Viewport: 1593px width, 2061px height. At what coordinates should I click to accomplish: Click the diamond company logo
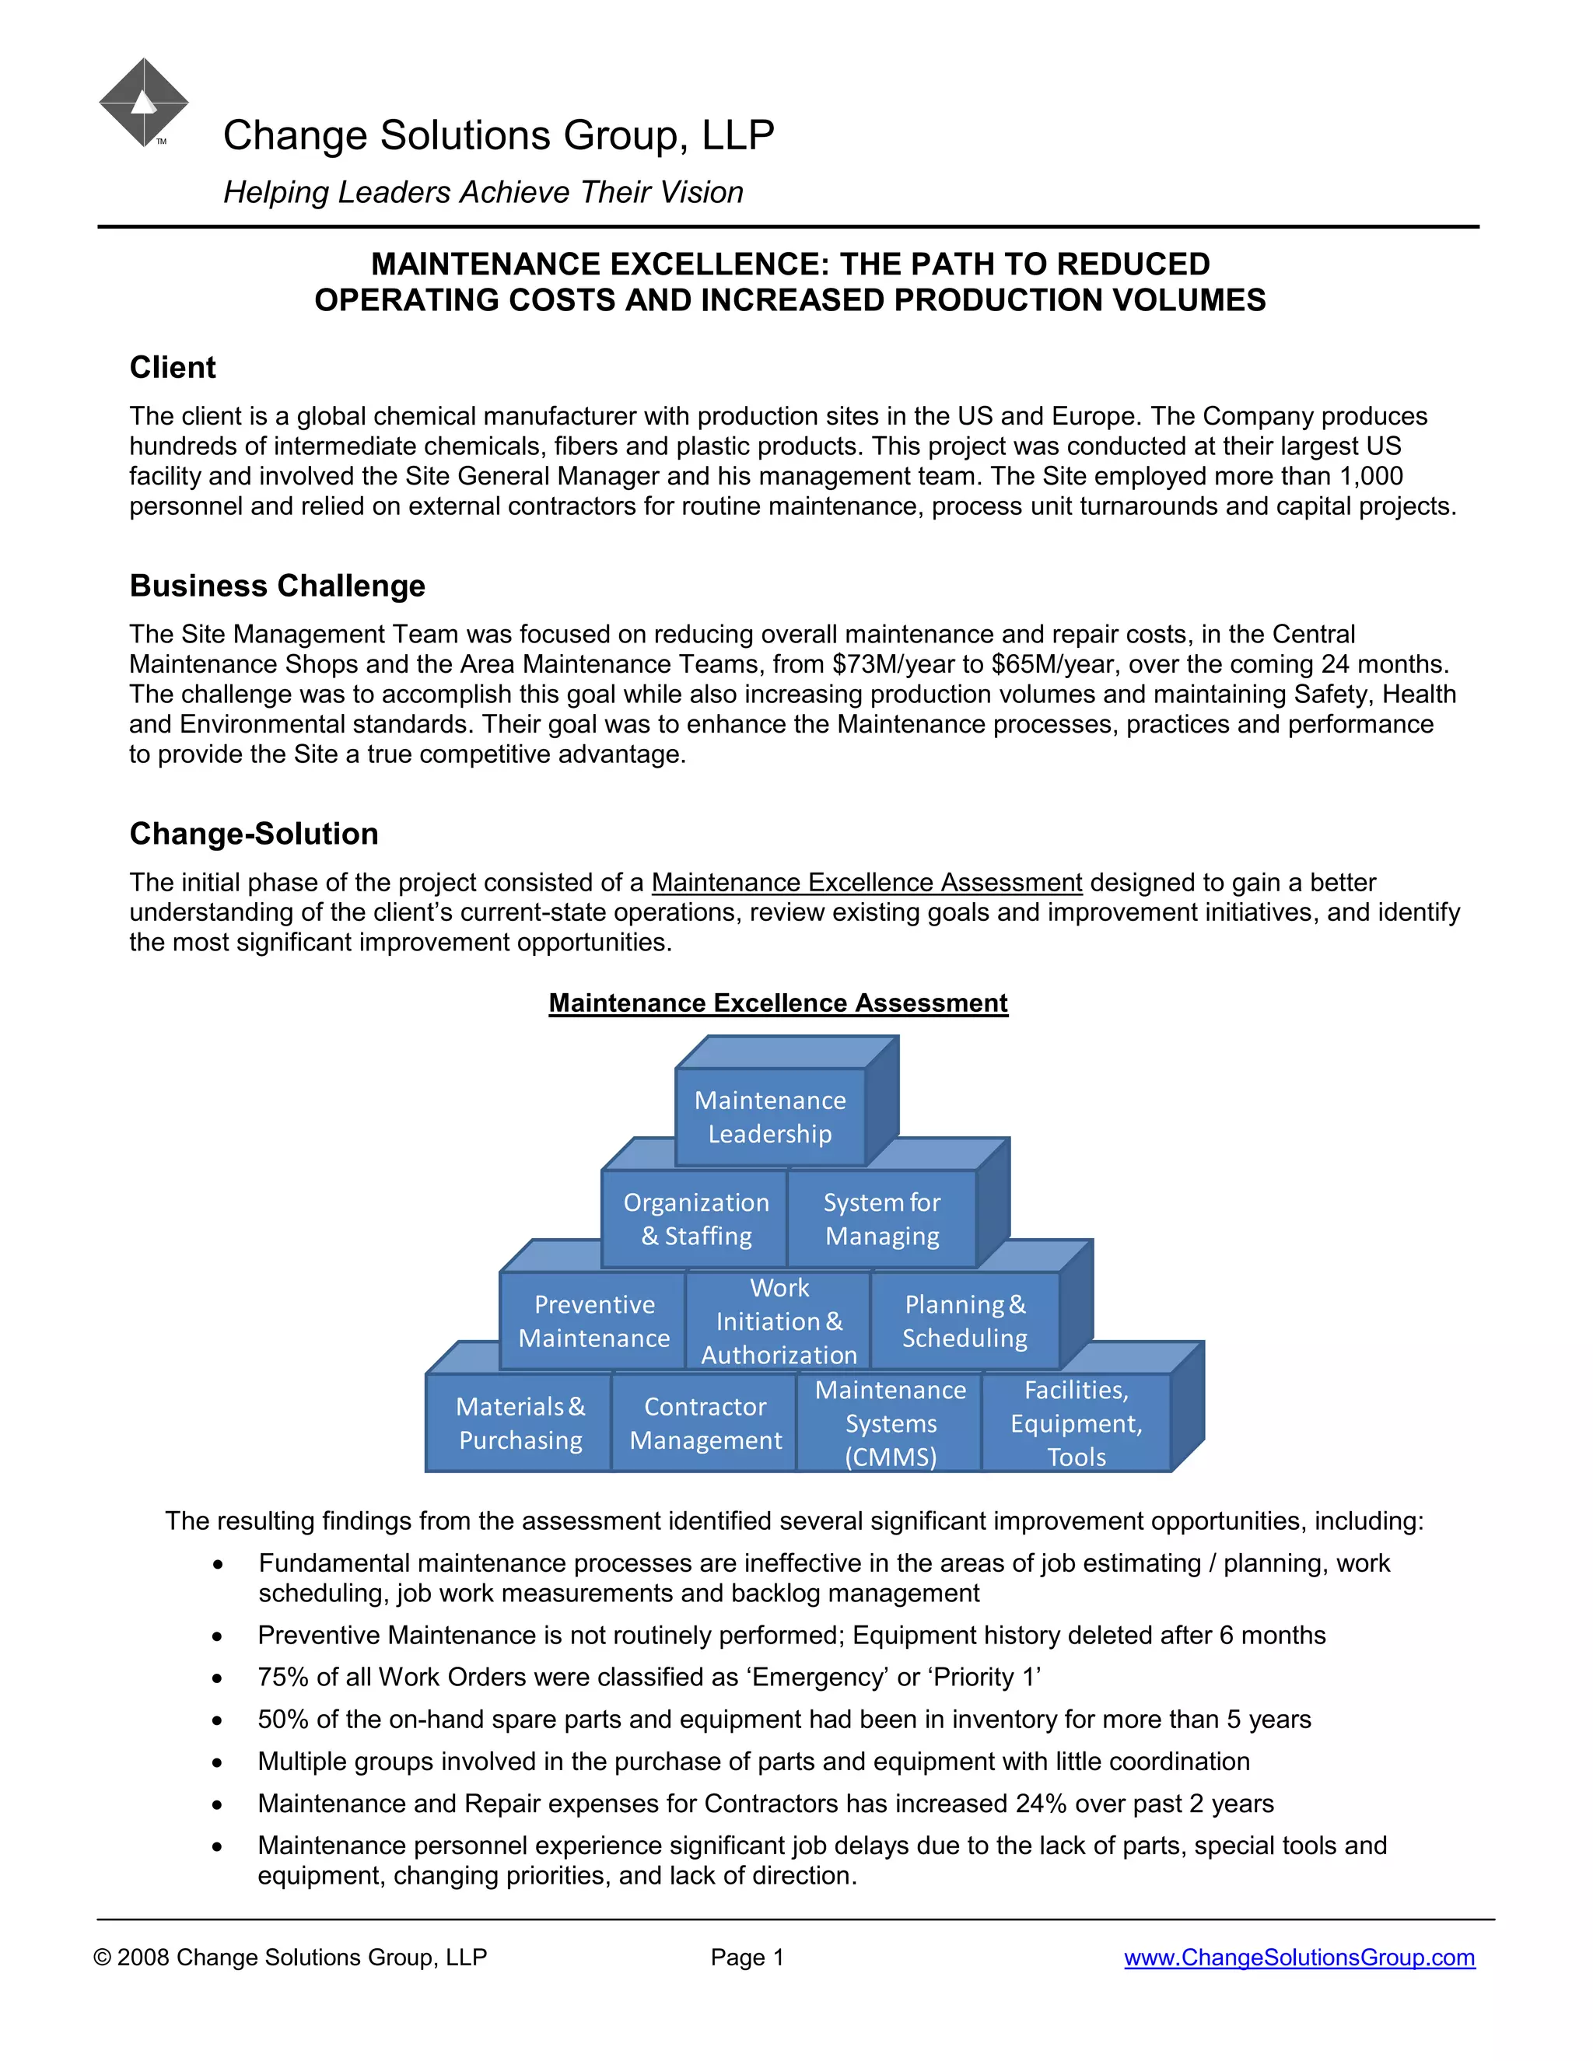[x=143, y=102]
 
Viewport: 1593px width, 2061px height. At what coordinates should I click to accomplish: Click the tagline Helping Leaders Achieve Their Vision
[x=483, y=193]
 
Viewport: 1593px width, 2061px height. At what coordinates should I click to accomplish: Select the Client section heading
[x=173, y=367]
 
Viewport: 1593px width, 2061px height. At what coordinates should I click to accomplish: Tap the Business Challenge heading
[x=278, y=586]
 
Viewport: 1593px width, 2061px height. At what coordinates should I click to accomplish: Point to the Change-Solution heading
[x=254, y=835]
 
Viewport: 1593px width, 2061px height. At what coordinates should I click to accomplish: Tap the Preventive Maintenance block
[x=593, y=1321]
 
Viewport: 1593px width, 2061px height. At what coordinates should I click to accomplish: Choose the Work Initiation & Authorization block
[x=779, y=1321]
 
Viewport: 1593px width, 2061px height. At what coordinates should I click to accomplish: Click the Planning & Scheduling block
[x=965, y=1321]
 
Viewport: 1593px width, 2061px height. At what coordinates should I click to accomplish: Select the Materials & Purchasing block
[x=520, y=1423]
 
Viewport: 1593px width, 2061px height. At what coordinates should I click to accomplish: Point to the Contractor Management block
[x=705, y=1423]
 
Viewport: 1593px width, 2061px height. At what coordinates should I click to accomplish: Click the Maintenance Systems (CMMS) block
[x=890, y=1423]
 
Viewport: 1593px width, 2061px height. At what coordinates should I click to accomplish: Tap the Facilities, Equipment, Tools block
[x=1076, y=1423]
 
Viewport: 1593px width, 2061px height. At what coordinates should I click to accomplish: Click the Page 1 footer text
[x=747, y=1958]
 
